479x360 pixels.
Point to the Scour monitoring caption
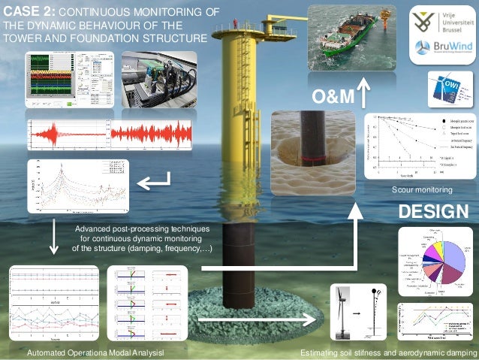(421, 191)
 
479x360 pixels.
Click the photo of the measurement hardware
(159, 79)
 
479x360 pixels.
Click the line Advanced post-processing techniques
(142, 227)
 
